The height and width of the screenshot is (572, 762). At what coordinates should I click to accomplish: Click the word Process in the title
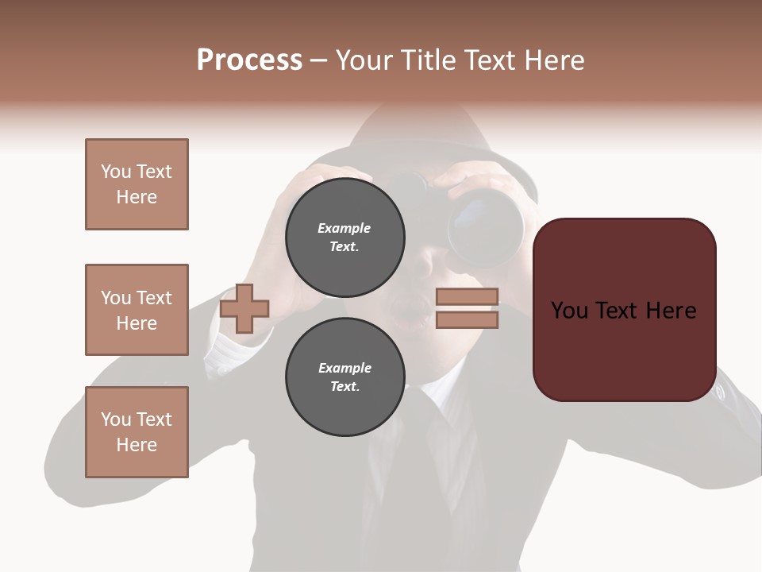click(x=249, y=60)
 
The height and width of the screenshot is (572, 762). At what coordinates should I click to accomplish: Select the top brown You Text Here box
click(x=137, y=184)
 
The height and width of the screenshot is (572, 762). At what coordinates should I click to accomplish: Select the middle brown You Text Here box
click(x=137, y=310)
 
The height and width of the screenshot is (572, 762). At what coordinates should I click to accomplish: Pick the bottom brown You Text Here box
click(x=137, y=432)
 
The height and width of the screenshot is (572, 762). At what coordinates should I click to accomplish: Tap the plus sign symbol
click(x=244, y=308)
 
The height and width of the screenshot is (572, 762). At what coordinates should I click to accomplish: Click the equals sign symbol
click(x=467, y=308)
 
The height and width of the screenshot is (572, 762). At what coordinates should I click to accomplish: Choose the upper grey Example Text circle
click(x=344, y=238)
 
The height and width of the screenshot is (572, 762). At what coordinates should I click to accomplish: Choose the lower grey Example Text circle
click(x=344, y=377)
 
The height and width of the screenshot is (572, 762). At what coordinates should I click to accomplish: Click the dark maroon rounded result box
click(x=624, y=310)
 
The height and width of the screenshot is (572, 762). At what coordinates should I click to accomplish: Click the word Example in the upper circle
click(x=344, y=229)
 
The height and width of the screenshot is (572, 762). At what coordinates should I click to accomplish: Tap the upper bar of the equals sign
click(x=467, y=297)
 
